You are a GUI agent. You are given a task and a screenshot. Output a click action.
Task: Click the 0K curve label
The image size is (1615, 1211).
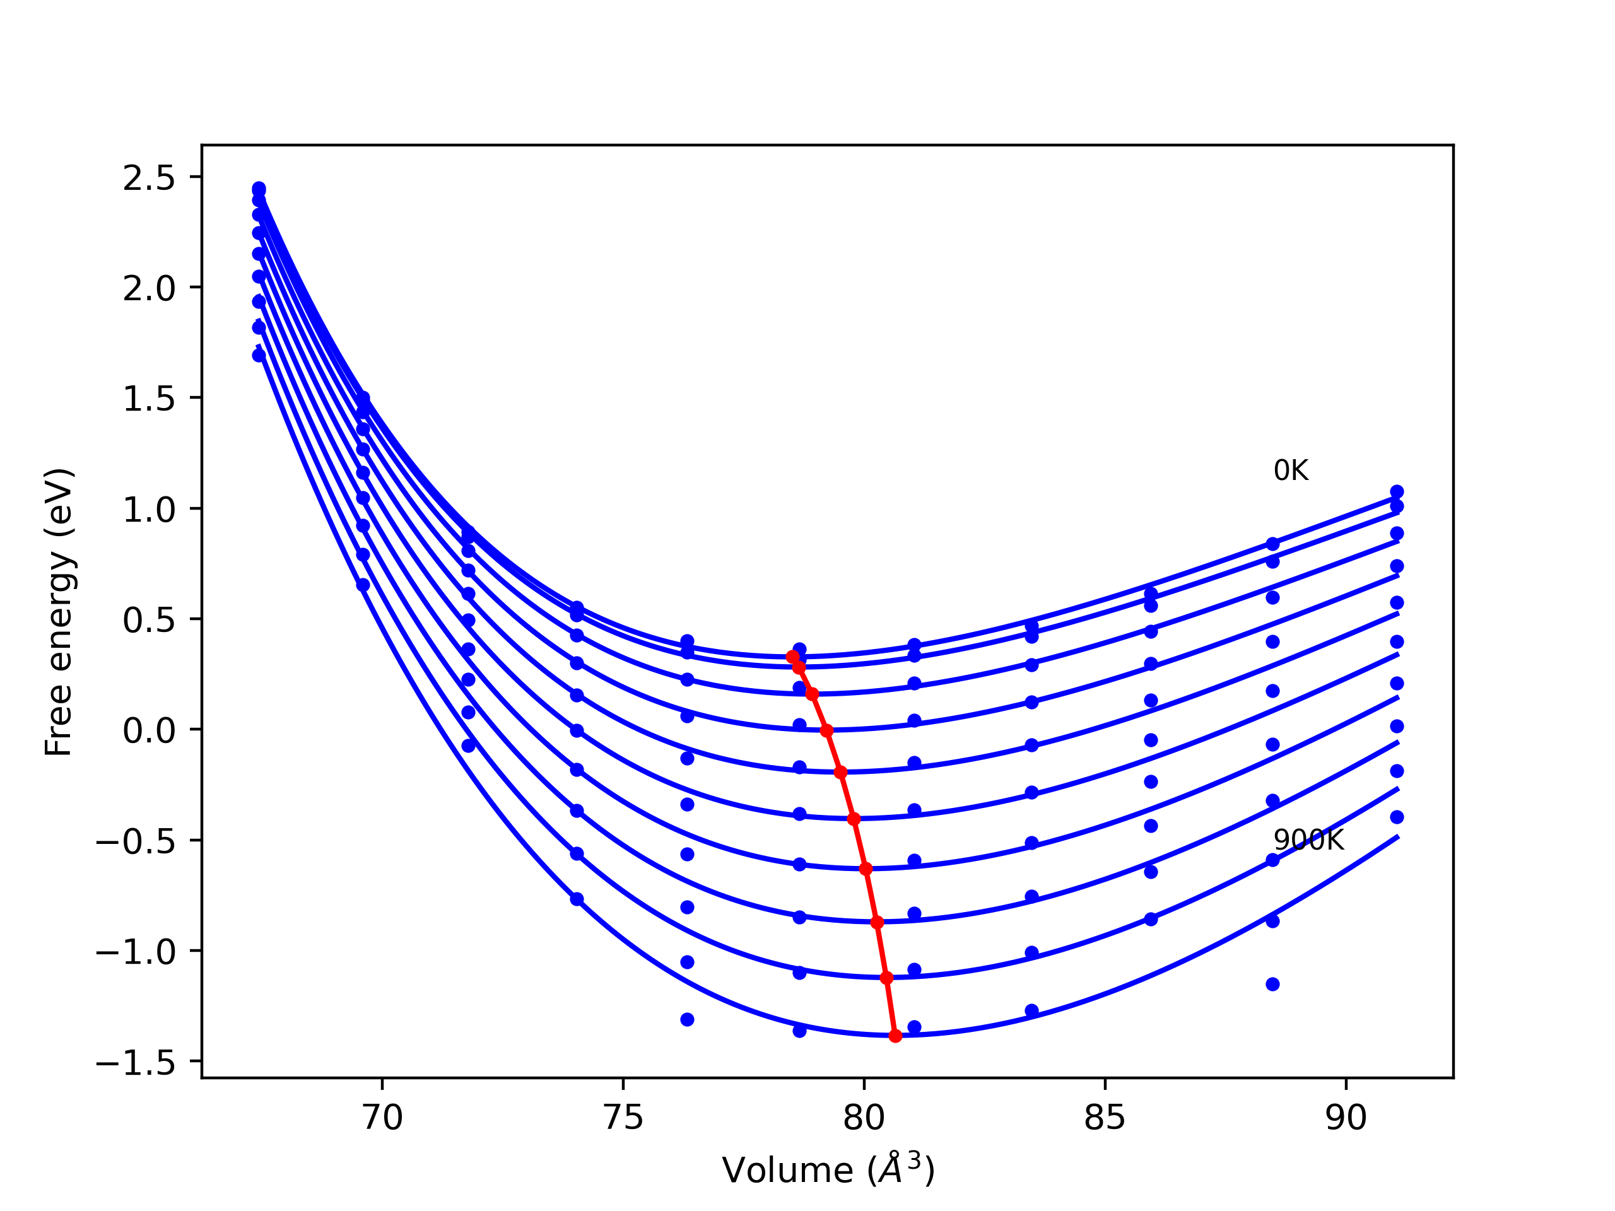pos(1291,471)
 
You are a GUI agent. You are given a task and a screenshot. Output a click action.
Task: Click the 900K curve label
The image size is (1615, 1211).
pos(1308,840)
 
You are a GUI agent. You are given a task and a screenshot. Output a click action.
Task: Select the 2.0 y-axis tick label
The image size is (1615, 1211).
pos(149,289)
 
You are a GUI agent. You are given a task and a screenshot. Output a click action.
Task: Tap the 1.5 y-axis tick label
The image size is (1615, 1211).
pos(149,399)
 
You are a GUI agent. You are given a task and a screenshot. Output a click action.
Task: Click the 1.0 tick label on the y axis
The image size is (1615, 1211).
pos(149,510)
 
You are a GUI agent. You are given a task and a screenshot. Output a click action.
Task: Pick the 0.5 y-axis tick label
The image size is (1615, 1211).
pos(149,621)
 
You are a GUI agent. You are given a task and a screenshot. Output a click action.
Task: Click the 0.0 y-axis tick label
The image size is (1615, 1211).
pos(149,730)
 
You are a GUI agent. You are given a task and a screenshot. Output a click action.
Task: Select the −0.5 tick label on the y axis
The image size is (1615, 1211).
pos(136,841)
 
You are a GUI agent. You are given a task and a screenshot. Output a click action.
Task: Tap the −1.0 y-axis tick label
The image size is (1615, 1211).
pos(136,952)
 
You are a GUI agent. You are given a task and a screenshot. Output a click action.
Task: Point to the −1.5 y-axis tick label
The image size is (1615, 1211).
pos(136,1063)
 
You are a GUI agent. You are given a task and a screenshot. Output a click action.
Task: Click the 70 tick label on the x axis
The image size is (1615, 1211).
pos(382,1118)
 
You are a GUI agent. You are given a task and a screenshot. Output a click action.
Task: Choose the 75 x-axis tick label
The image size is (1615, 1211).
pos(623,1118)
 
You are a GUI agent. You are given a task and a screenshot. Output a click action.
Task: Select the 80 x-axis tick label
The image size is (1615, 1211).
pos(864,1118)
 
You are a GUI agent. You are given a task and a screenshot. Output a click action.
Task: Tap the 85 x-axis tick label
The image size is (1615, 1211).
pos(1105,1118)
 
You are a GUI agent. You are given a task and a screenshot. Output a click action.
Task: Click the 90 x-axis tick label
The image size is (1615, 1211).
pos(1346,1118)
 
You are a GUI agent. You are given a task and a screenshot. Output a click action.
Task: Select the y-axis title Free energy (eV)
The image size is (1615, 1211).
pos(59,612)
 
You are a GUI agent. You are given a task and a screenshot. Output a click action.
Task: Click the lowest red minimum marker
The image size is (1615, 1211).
pos(895,1036)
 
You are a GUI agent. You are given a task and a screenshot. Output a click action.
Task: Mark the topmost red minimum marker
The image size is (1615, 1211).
pos(792,657)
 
